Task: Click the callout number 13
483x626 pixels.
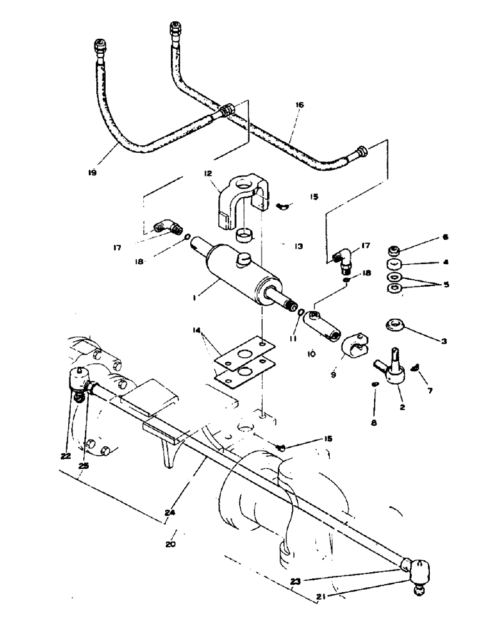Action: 298,247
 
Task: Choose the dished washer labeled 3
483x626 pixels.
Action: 395,324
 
